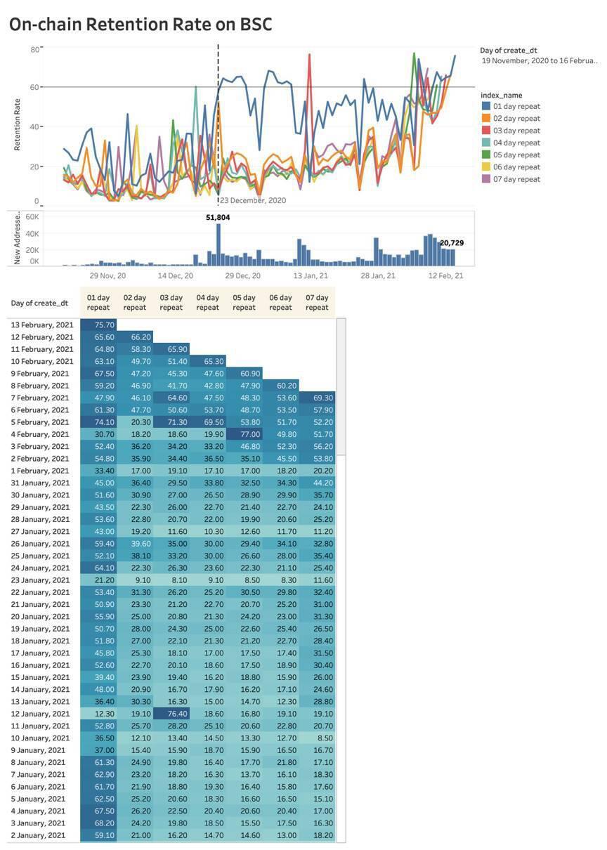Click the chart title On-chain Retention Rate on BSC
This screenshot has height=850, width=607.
(141, 25)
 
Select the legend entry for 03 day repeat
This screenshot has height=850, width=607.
(516, 131)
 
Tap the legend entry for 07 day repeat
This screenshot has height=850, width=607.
(516, 179)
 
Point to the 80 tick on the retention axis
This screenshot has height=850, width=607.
(34, 49)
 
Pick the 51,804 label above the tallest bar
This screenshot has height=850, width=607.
(218, 218)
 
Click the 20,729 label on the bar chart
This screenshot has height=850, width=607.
(452, 243)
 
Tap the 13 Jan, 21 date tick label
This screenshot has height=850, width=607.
(311, 276)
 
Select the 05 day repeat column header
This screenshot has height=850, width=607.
(244, 303)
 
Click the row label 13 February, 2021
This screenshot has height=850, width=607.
(41, 325)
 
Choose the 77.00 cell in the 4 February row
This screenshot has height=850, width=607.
(244, 434)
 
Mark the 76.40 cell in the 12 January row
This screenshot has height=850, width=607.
(171, 714)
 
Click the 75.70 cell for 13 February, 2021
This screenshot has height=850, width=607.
(98, 325)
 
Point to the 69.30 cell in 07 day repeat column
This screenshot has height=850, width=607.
(317, 398)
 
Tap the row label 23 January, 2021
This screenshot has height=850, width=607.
(41, 580)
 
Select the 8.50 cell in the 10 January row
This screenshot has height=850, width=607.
(317, 738)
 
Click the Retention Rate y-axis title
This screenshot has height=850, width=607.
(17, 125)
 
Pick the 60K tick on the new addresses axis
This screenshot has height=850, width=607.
(32, 217)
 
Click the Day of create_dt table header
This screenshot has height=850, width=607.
(39, 303)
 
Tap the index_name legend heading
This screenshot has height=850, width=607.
(501, 95)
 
